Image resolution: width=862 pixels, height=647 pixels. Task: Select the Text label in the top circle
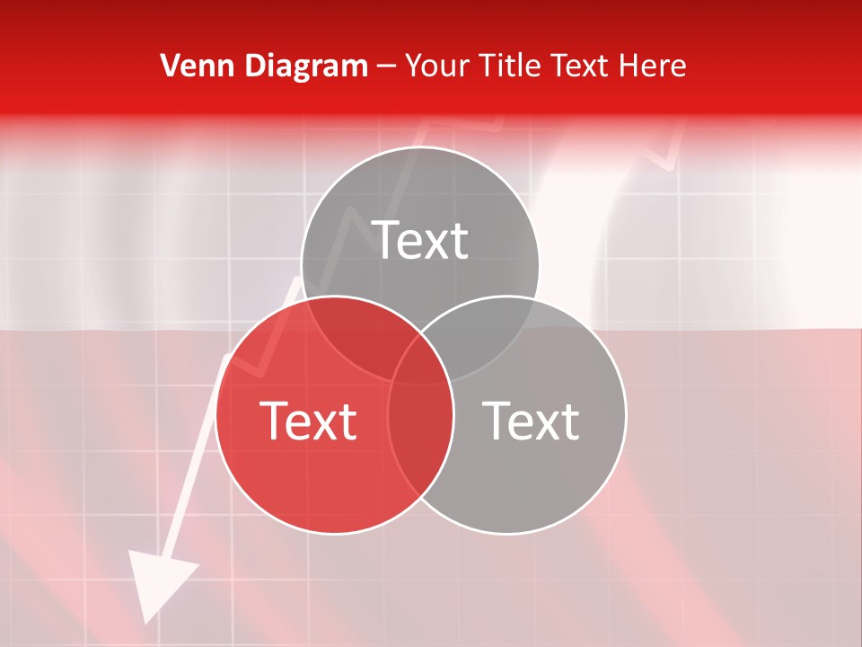(420, 240)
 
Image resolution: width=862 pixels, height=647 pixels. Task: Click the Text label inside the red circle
(308, 421)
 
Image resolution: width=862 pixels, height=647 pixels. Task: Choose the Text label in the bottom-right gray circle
(531, 421)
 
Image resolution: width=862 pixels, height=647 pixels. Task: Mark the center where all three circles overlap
(420, 359)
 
